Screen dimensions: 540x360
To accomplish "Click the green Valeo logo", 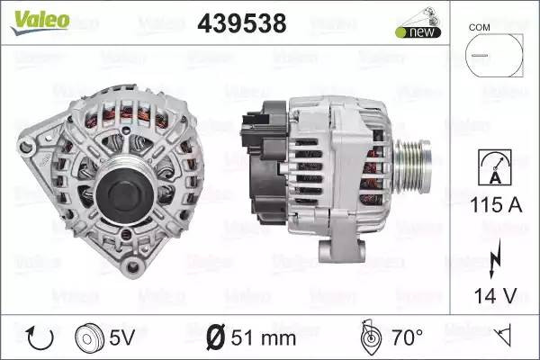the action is pyautogui.click(x=40, y=22).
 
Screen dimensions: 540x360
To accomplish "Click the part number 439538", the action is pyautogui.click(x=242, y=23).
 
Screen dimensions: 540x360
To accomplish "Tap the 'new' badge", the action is pyautogui.click(x=418, y=32).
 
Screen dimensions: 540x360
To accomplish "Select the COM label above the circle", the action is pyautogui.click(x=479, y=27).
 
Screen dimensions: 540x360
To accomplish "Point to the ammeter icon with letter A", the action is pyautogui.click(x=495, y=167).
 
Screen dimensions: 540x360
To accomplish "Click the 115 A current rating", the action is pyautogui.click(x=496, y=205).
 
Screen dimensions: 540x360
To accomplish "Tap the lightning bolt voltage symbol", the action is pyautogui.click(x=495, y=258).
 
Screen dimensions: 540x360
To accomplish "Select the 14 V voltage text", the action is pyautogui.click(x=496, y=295).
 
